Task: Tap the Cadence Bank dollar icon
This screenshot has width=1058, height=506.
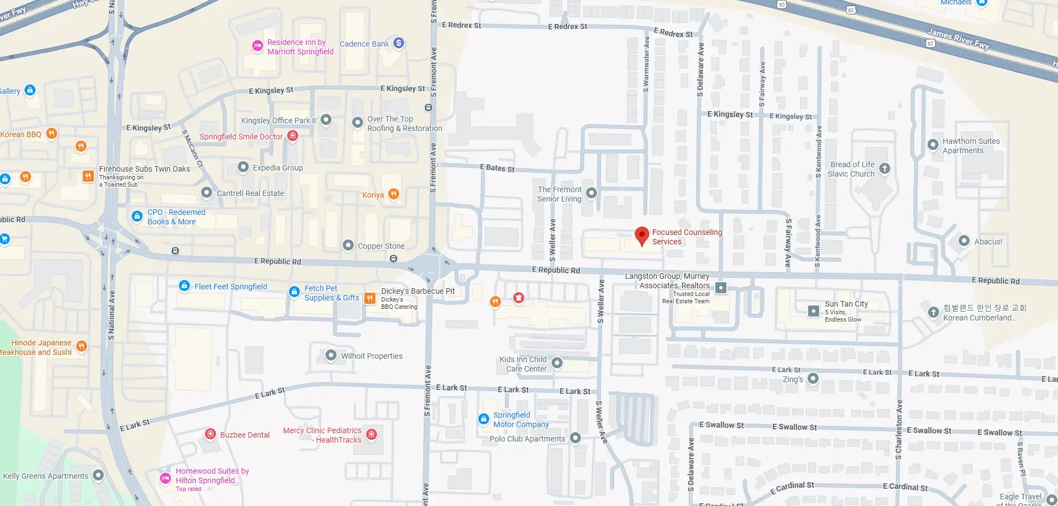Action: click(x=398, y=43)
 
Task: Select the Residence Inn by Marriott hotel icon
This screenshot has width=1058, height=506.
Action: click(x=257, y=46)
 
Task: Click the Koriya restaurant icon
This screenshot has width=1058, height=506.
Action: click(x=393, y=194)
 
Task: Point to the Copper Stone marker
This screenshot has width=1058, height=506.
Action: click(x=348, y=245)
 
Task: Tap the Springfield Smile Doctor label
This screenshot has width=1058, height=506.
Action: click(x=241, y=137)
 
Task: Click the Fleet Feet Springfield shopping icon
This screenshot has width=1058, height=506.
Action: click(x=184, y=285)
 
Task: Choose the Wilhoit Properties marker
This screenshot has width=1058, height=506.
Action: click(x=331, y=355)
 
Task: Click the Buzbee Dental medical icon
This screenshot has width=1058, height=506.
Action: click(x=210, y=434)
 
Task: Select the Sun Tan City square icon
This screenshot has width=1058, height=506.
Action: click(x=814, y=310)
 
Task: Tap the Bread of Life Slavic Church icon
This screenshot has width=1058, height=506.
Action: click(x=885, y=168)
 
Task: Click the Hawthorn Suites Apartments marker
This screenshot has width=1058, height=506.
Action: click(x=933, y=144)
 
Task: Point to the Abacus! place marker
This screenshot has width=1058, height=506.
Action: click(x=964, y=241)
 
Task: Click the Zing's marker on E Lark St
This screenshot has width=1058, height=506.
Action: click(x=813, y=378)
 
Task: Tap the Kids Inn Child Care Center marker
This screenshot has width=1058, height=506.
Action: click(x=557, y=363)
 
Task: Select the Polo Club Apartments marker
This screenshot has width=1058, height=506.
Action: click(x=575, y=438)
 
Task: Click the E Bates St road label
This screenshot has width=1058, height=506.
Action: click(x=497, y=168)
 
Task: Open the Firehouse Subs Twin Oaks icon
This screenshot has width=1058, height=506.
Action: click(x=88, y=176)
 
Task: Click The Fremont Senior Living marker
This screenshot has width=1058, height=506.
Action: click(x=591, y=193)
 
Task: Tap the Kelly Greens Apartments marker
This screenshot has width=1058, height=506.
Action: click(x=98, y=475)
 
